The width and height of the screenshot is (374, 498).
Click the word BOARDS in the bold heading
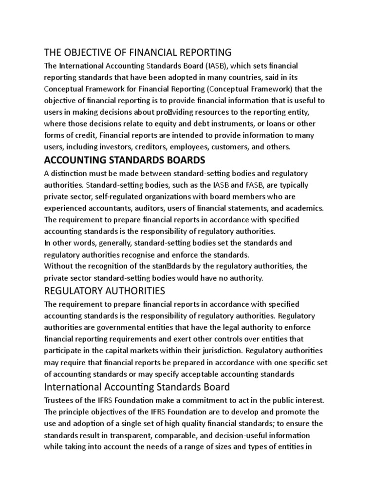[x=180, y=160]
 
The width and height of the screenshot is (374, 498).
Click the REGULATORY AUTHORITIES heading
[x=104, y=291]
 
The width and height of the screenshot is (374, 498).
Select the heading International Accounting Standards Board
[x=136, y=387]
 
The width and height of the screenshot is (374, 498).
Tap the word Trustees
[x=60, y=400]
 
